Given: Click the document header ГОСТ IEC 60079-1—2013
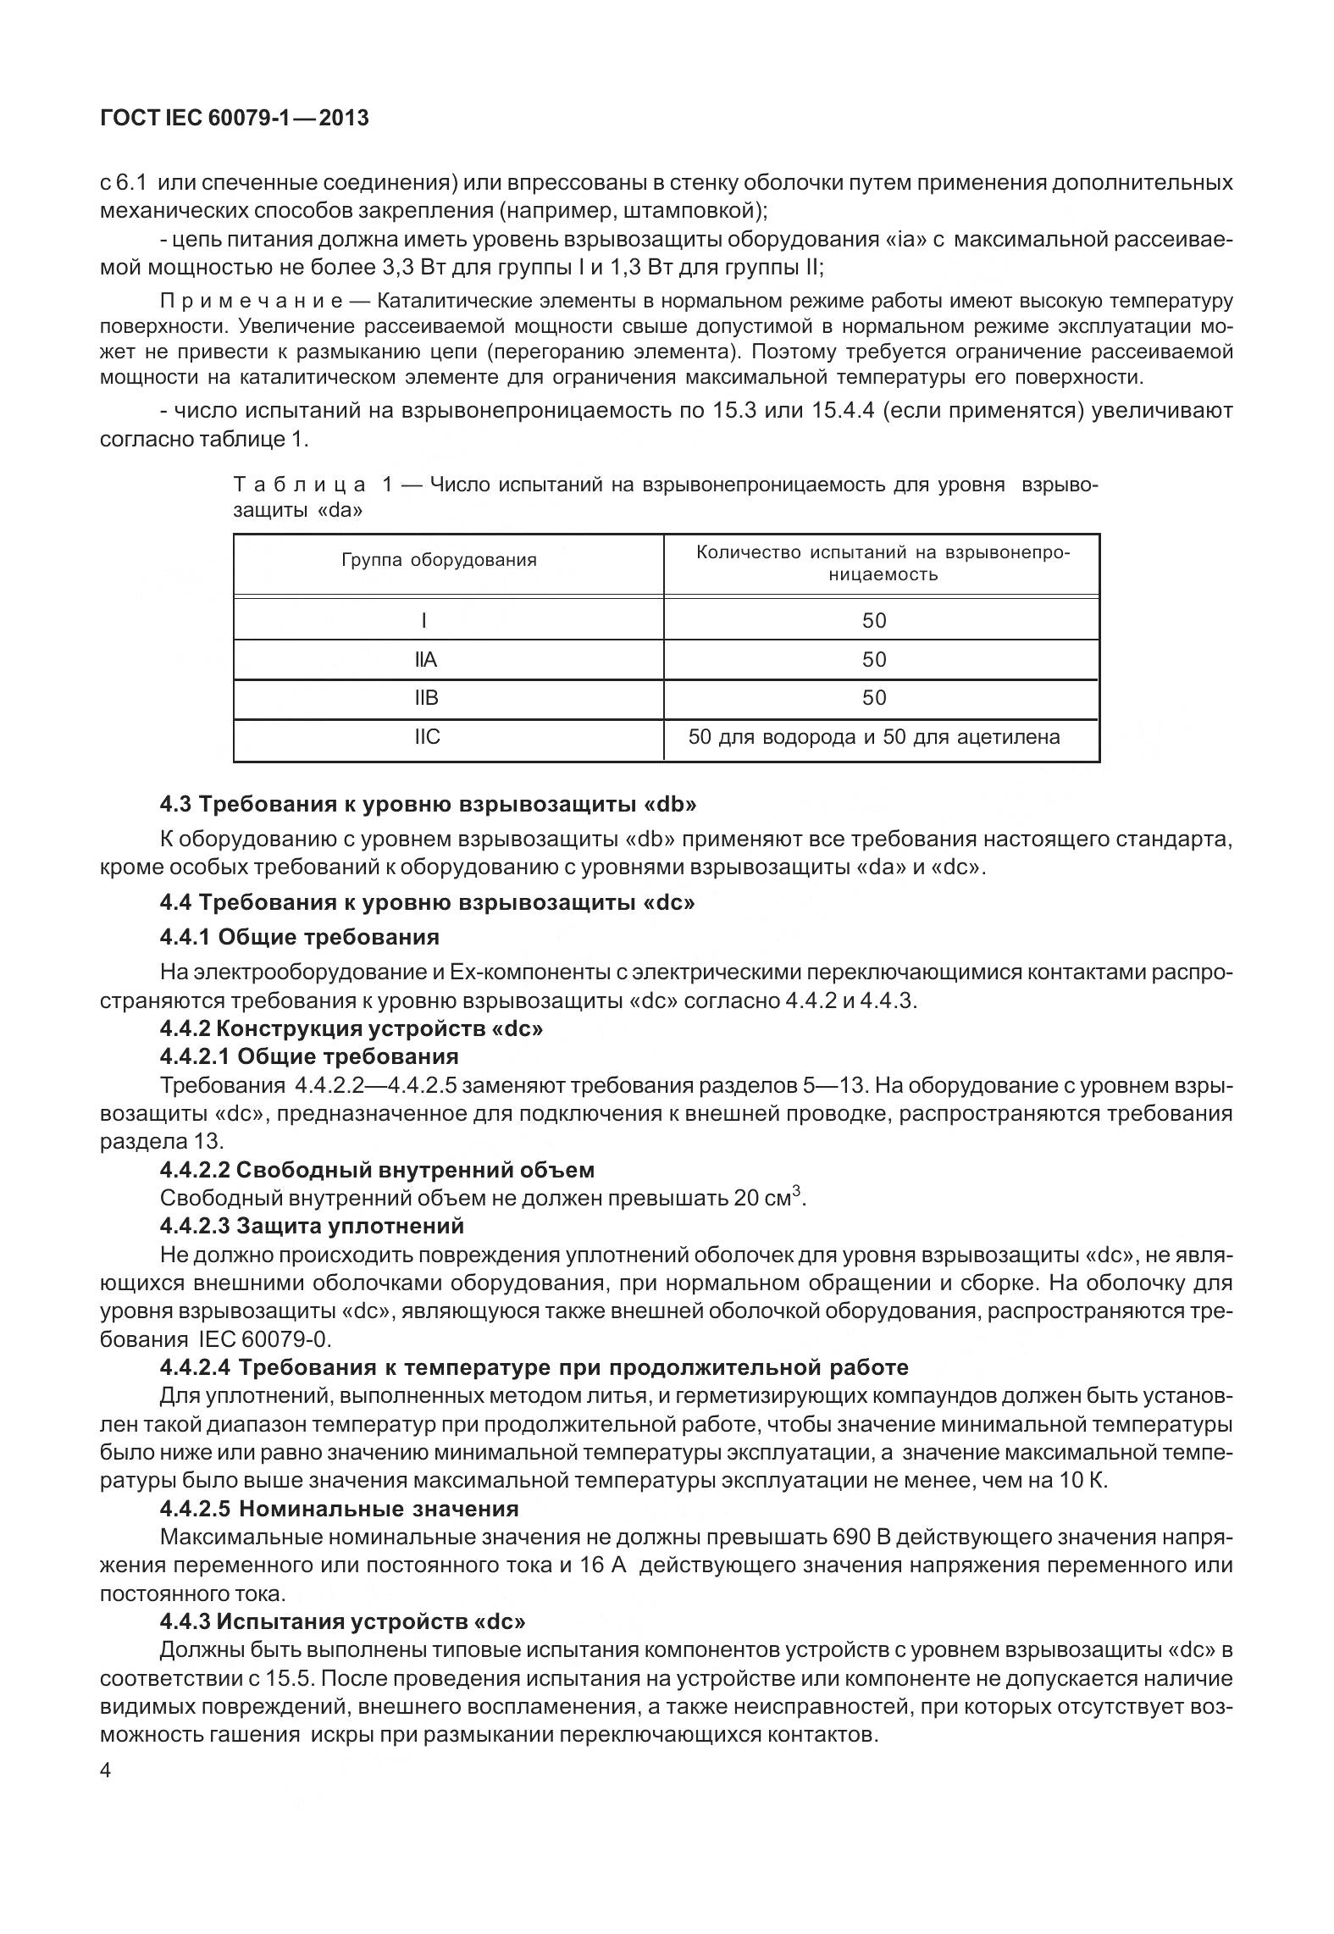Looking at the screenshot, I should [x=235, y=119].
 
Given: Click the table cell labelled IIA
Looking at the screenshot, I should [x=426, y=660].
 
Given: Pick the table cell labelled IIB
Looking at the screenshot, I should [x=426, y=698].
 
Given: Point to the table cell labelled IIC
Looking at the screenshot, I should [x=427, y=737].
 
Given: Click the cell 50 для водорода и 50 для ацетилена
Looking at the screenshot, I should [x=873, y=737].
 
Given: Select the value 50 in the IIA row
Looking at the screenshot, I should [x=873, y=660].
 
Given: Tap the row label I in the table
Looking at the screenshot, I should [x=423, y=621].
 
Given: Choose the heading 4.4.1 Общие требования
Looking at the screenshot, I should [x=299, y=937].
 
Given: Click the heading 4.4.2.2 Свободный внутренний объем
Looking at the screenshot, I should [x=377, y=1170].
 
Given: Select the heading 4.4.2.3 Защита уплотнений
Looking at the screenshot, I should [x=312, y=1226].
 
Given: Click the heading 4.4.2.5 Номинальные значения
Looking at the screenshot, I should [x=339, y=1509].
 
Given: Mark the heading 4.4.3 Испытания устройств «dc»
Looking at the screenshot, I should [x=342, y=1621].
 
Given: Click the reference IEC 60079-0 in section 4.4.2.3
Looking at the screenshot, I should [x=264, y=1339].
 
